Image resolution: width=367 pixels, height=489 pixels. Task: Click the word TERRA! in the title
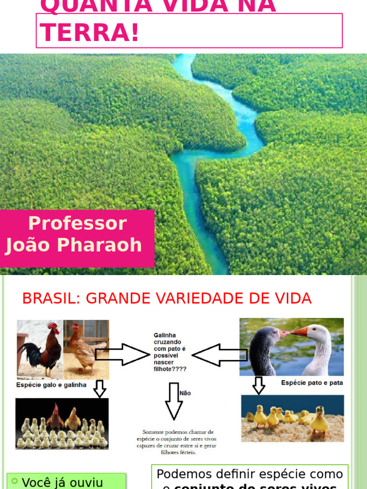89,32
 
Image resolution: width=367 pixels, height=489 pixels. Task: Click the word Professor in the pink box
77,223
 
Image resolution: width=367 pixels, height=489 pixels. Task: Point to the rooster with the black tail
43,349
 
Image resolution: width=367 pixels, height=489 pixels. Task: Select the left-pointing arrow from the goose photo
219,355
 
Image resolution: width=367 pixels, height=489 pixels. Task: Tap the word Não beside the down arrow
185,393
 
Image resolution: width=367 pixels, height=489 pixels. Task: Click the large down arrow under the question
173,401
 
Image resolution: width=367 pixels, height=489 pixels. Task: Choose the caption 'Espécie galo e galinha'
52,385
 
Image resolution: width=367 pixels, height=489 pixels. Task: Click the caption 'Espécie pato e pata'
312,383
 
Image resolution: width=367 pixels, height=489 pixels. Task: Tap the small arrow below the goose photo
259,385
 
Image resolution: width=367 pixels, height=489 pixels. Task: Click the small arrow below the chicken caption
99,389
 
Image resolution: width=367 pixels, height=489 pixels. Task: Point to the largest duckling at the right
319,420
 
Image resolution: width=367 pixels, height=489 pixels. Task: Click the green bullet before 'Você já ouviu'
15,481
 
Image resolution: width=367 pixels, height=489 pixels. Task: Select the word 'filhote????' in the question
170,369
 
